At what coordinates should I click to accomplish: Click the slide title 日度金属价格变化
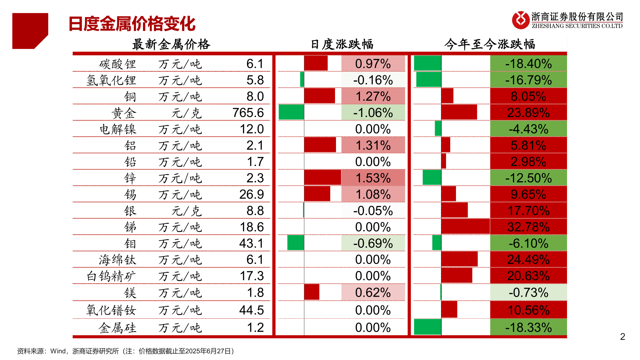click(132, 24)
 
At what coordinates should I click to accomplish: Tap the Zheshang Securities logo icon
click(520, 20)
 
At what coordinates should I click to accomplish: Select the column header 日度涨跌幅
click(342, 44)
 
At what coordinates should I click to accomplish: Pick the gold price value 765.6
click(248, 113)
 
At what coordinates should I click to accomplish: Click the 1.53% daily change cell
click(373, 178)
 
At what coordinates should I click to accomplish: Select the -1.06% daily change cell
click(373, 113)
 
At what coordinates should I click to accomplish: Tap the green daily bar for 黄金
click(291, 112)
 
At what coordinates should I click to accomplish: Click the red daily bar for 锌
click(322, 177)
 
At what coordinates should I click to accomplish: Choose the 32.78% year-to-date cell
click(528, 227)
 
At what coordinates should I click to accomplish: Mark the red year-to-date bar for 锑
click(465, 227)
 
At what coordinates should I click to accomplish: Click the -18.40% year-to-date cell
click(528, 64)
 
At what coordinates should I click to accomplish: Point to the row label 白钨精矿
click(111, 276)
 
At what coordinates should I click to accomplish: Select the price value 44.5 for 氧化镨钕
click(251, 310)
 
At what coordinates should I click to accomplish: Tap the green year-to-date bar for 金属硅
click(427, 327)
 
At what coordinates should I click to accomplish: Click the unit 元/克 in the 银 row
click(186, 211)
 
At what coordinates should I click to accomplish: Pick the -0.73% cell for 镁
click(528, 293)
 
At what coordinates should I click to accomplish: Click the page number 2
click(622, 337)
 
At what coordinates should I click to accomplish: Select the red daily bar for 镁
click(312, 292)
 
